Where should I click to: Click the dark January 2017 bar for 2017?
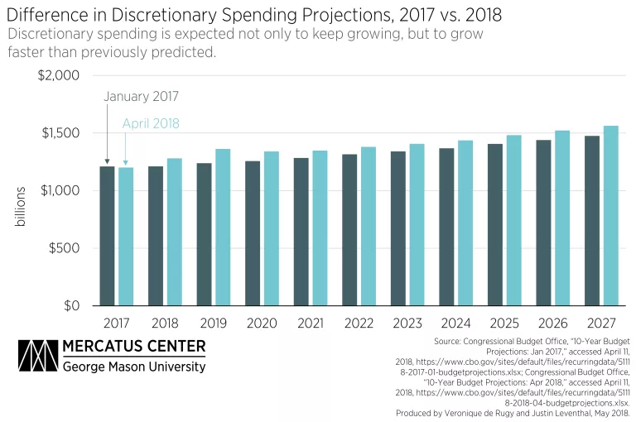tap(107, 236)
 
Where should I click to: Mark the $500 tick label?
tap(62, 248)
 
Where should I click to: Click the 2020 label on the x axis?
tap(262, 324)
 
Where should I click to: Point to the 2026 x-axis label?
tap(552, 324)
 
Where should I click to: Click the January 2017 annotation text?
tap(142, 96)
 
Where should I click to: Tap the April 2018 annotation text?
tap(151, 124)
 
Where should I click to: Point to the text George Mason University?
tap(134, 367)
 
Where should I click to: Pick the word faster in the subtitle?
tap(29, 52)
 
